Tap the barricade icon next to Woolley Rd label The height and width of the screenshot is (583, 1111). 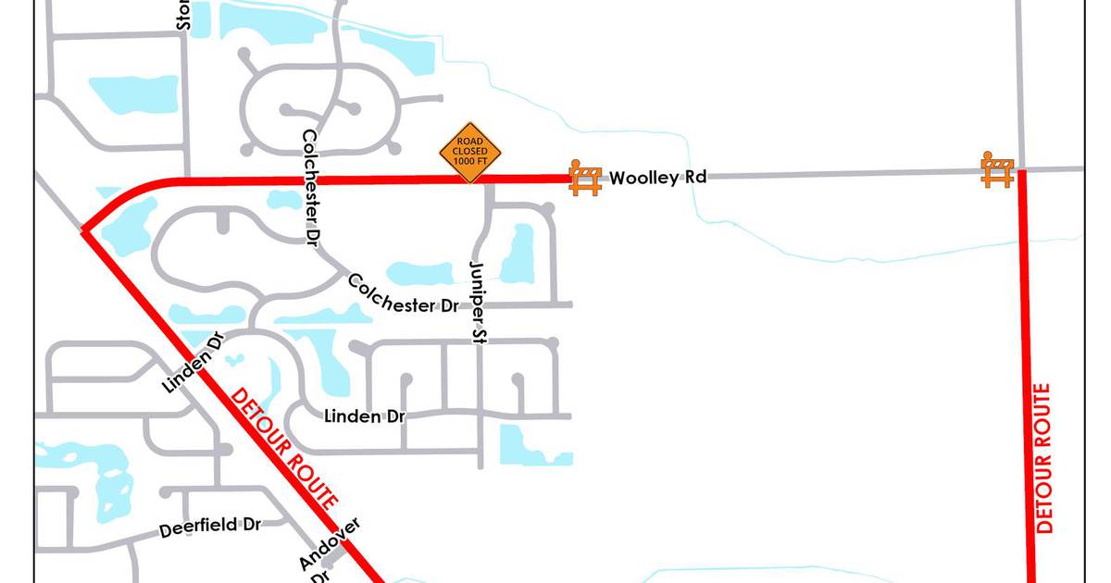tap(585, 177)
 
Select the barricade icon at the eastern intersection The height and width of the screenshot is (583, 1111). tap(997, 170)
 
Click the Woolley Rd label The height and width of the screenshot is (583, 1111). tap(657, 177)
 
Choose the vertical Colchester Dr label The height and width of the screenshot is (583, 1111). tap(310, 185)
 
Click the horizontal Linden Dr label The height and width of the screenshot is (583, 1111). tap(365, 416)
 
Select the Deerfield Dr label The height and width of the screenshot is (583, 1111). tap(210, 527)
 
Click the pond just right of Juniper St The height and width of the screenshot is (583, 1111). tap(518, 252)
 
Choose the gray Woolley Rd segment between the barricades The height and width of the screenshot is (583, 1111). tap(833, 174)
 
